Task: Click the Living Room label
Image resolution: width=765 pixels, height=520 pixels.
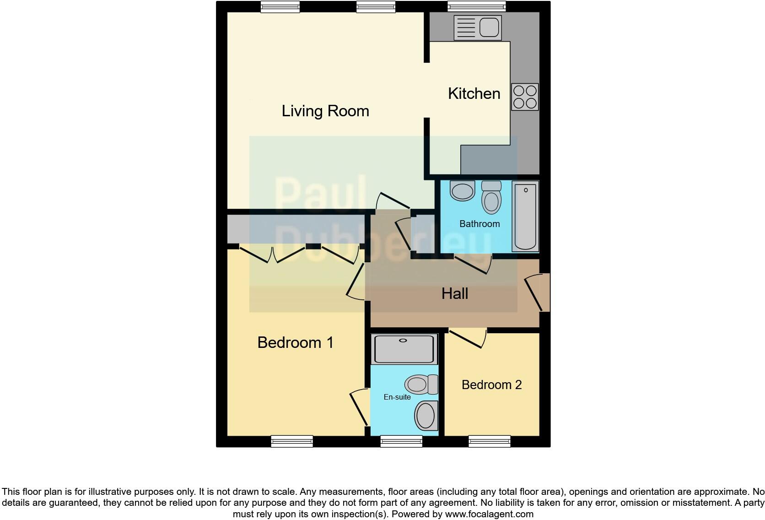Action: (x=325, y=111)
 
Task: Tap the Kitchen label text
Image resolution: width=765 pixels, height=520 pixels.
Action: (x=474, y=93)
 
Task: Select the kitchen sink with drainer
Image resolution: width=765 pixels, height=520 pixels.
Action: (x=477, y=27)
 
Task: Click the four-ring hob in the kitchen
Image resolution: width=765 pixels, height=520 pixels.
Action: (x=525, y=97)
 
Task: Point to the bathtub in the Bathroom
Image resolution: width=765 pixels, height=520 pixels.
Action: (x=525, y=216)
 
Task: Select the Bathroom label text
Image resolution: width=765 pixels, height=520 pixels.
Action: (x=479, y=224)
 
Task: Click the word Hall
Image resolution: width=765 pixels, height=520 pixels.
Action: (x=454, y=294)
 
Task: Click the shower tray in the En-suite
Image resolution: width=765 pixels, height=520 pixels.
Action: (x=404, y=349)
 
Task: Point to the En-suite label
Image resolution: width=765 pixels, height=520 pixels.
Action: (x=397, y=397)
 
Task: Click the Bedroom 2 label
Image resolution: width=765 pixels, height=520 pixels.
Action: (x=491, y=385)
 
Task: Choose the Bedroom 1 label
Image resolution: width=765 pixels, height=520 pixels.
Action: (x=295, y=342)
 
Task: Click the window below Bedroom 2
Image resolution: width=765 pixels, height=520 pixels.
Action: (x=489, y=441)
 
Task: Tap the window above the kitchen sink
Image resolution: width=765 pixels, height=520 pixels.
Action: (x=476, y=6)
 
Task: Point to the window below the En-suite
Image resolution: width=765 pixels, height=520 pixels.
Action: (x=401, y=441)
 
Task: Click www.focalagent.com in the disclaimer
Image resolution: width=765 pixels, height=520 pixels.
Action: (x=489, y=514)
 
